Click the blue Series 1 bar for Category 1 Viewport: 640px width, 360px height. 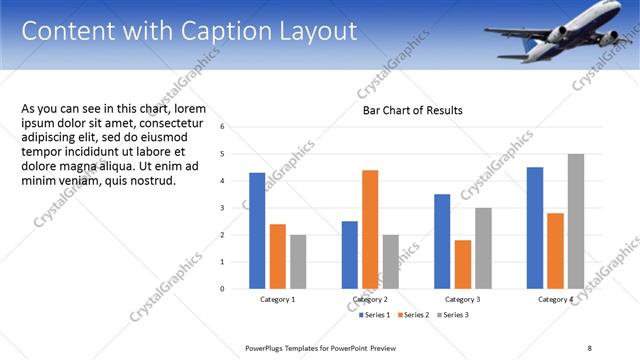pyautogui.click(x=257, y=230)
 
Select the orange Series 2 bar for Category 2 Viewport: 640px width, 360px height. pyautogui.click(x=370, y=229)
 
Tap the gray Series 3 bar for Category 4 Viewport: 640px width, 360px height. pyautogui.click(x=576, y=221)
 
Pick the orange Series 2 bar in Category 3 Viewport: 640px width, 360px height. pyautogui.click(x=462, y=264)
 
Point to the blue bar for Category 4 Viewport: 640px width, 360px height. pyautogui.click(x=535, y=227)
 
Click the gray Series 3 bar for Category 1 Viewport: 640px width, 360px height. pyautogui.click(x=297, y=261)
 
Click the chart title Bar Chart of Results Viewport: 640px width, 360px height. pyautogui.click(x=412, y=110)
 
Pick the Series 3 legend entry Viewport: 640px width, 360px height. pyautogui.click(x=452, y=315)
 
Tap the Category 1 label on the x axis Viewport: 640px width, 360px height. pyautogui.click(x=277, y=299)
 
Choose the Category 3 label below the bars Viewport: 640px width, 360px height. pyautogui.click(x=463, y=299)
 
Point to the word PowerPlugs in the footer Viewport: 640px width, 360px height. pyautogui.click(x=267, y=347)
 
